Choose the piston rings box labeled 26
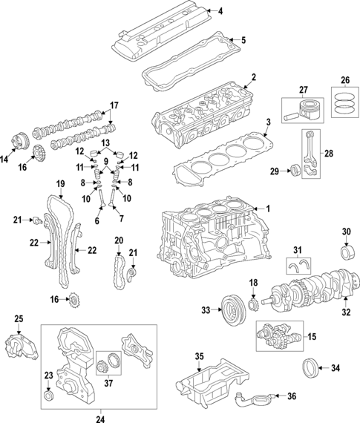[x=344, y=104]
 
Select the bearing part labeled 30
[x=345, y=250]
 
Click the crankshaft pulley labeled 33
[x=231, y=308]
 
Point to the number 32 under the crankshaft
[x=344, y=312]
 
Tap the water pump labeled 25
[x=20, y=345]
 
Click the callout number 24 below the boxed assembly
[x=100, y=417]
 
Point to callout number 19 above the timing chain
[x=60, y=183]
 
